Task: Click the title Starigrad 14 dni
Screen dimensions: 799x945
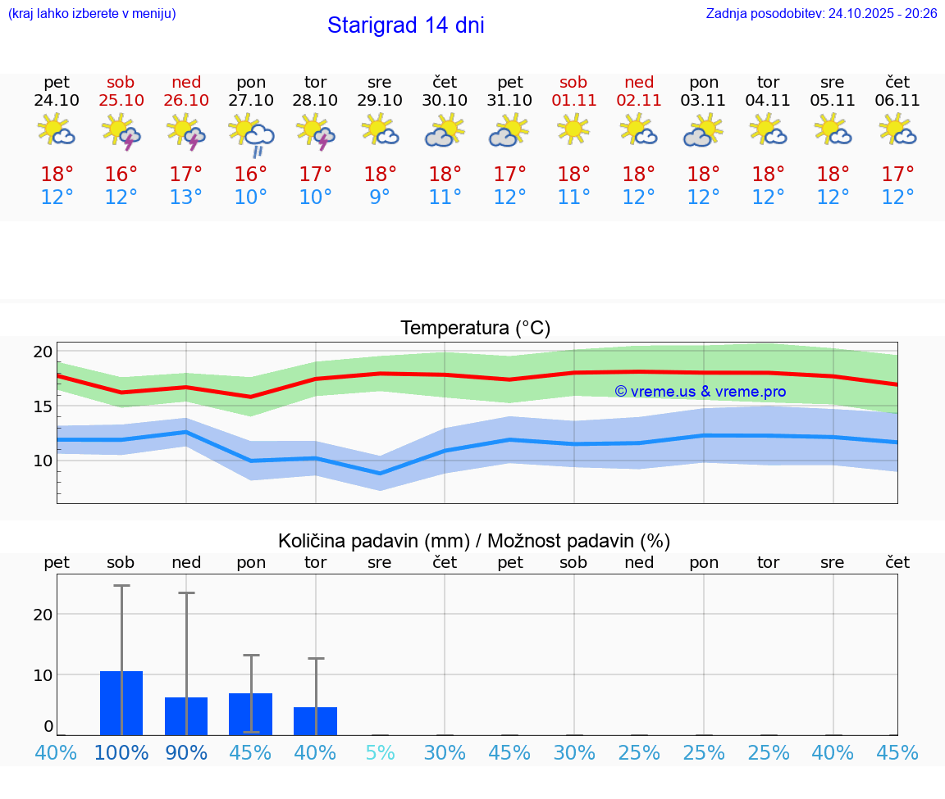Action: (405, 25)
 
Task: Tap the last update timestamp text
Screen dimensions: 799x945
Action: (821, 14)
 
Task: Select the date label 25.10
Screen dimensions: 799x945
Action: (121, 100)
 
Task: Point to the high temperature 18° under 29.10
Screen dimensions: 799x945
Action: (380, 175)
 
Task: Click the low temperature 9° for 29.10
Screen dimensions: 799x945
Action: (380, 197)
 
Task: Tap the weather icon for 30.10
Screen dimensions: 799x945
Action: (445, 130)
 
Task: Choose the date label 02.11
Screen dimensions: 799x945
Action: (639, 100)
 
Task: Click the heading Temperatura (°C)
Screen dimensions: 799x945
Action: (475, 329)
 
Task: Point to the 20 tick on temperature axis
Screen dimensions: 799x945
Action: (43, 352)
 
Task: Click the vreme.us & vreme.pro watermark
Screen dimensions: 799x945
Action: (700, 392)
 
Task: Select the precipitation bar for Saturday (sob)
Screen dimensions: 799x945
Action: (121, 703)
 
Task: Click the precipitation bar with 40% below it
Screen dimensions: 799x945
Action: (315, 721)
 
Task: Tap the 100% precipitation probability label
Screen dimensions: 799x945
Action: (121, 753)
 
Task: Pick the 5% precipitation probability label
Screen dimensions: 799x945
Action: (380, 753)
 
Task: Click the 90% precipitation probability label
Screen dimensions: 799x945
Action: (186, 753)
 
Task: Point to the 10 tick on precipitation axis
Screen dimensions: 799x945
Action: (43, 674)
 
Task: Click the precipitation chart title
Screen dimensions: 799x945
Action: (474, 541)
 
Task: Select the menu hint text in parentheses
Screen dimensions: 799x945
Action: (92, 14)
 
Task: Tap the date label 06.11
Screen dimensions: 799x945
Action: (897, 100)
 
